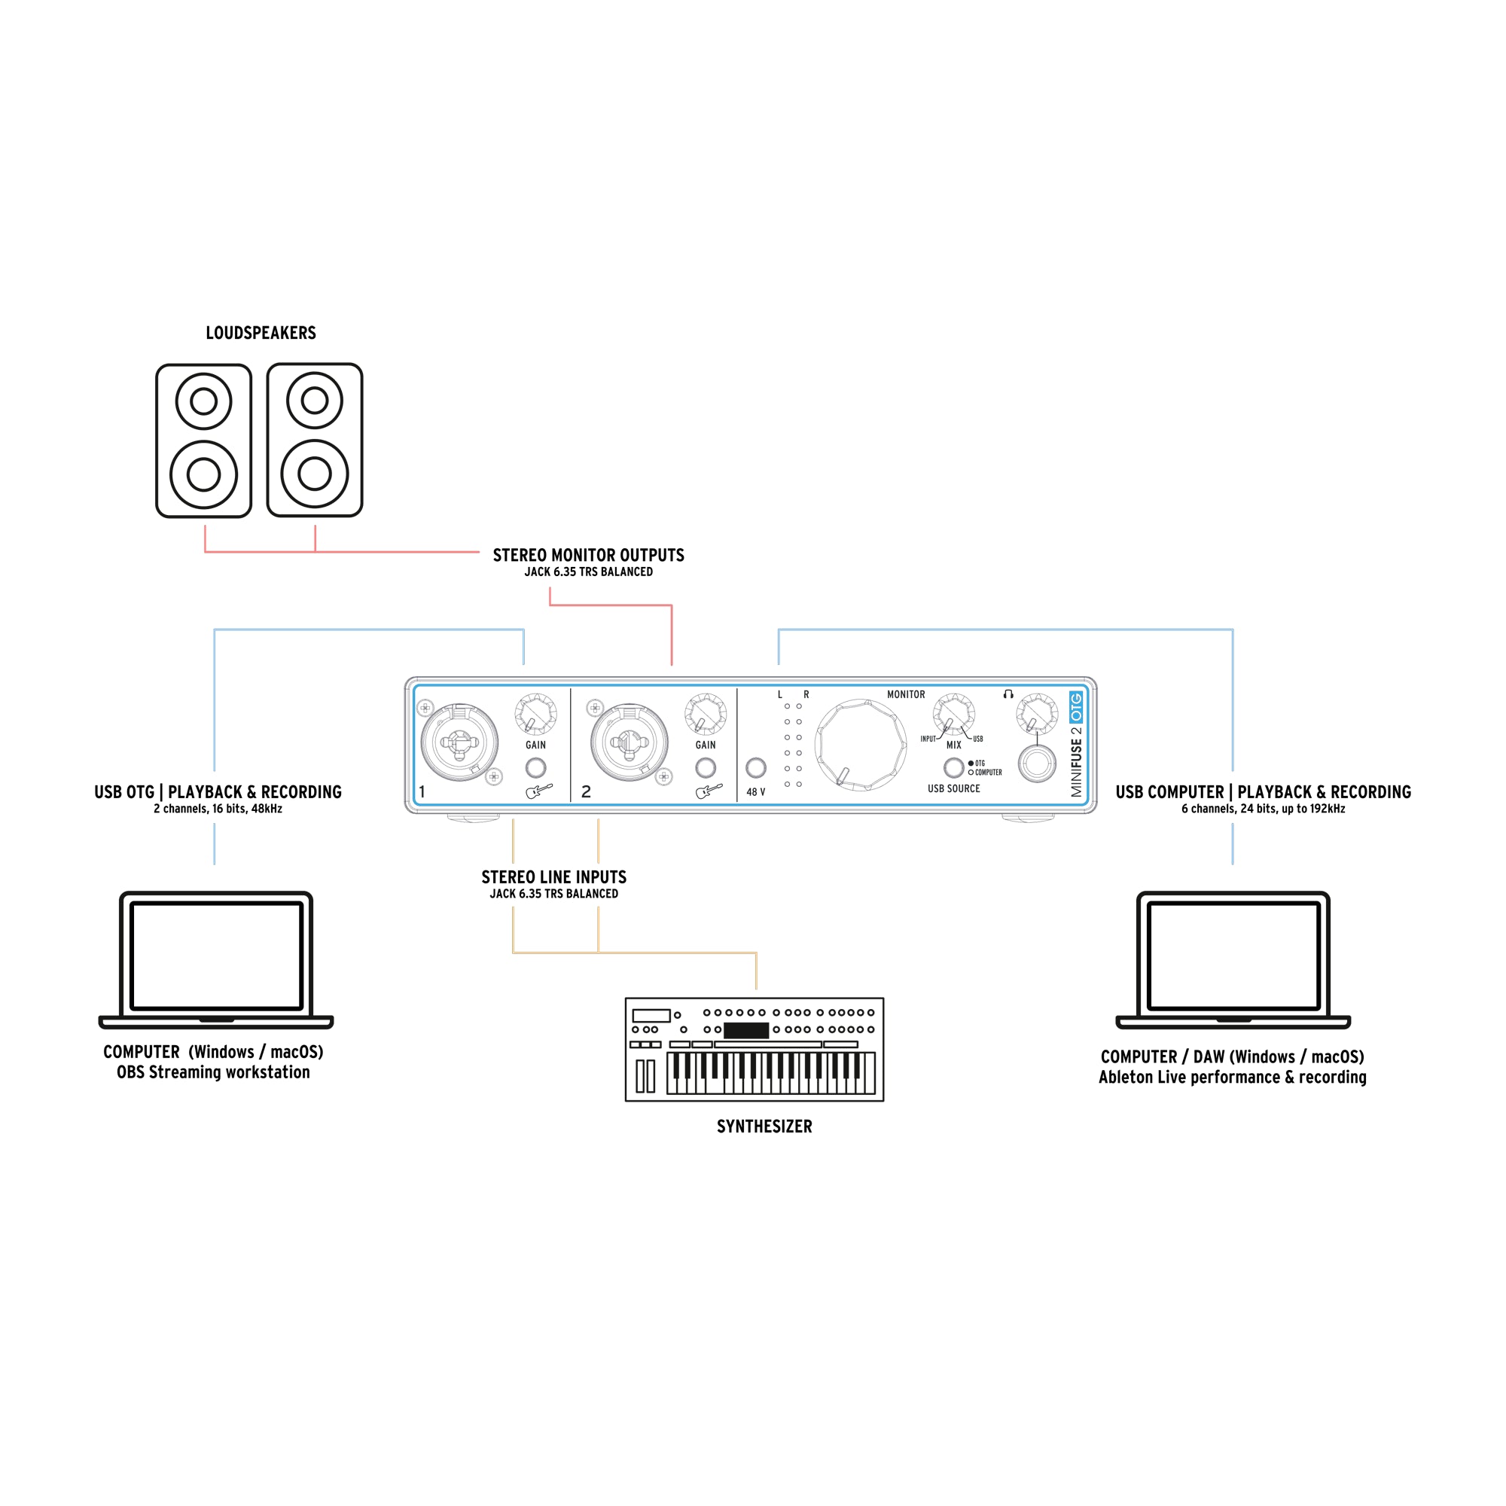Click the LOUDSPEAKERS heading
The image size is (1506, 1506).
coord(261,333)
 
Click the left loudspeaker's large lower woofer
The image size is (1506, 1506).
coord(203,474)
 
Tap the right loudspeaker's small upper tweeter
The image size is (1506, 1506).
coord(314,401)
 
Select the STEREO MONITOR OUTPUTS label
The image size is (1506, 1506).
coord(588,555)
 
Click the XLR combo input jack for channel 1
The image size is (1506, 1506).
coord(459,742)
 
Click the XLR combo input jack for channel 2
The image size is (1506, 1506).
coord(628,742)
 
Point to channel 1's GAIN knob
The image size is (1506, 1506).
coord(535,713)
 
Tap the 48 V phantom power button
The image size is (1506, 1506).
coord(755,768)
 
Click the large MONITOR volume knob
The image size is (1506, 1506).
coord(860,745)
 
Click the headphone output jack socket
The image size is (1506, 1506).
coord(1037,763)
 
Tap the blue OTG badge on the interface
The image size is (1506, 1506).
coord(1076,707)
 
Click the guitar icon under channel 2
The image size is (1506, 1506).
coord(708,792)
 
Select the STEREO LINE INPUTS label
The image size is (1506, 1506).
coord(553,877)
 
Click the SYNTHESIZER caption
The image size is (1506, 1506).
coord(764,1126)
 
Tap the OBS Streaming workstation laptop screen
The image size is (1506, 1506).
coord(216,956)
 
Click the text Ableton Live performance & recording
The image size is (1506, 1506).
coord(1232,1078)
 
